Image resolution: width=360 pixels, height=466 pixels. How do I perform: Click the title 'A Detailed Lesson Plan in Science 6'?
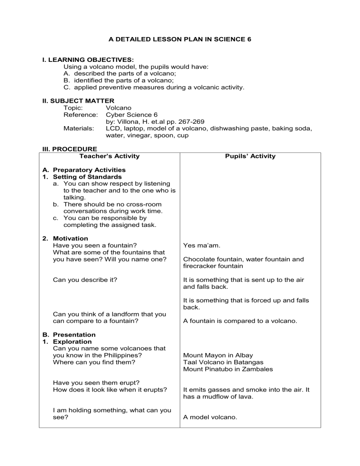pyautogui.click(x=180, y=40)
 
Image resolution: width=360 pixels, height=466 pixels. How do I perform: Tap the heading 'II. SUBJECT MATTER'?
pyautogui.click(x=79, y=100)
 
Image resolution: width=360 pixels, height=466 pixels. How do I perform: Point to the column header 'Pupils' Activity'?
pyautogui.click(x=250, y=156)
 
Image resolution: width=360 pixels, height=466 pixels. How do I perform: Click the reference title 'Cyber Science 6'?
pyautogui.click(x=132, y=114)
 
